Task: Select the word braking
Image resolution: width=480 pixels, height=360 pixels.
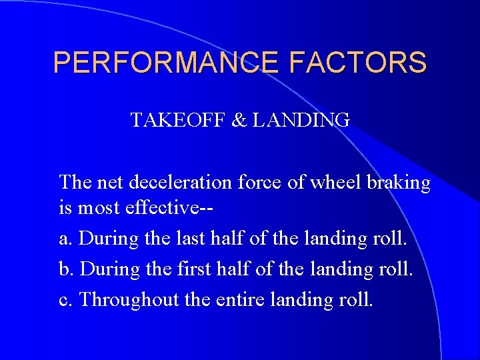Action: point(400,183)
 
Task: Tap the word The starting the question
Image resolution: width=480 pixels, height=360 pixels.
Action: point(74,182)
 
